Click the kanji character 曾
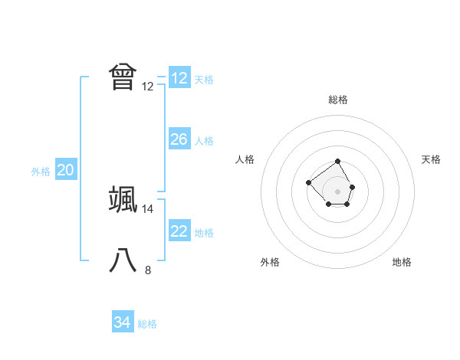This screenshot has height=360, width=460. pos(123,77)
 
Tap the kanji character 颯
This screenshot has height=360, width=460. pos(123,199)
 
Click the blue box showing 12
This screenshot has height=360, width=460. pos(179,78)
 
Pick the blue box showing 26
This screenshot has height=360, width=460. pos(179,139)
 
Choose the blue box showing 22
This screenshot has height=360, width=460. pos(179,231)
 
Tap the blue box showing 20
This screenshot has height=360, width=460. pos(65,171)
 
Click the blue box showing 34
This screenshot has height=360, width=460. pos(122,322)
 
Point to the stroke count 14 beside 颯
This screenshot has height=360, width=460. pos(148,208)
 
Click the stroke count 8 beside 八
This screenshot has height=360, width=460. pos(148,270)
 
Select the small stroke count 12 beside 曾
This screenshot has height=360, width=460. pos(148,87)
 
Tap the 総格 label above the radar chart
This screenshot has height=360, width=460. pos(338,100)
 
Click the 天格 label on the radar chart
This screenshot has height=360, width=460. pos(432,159)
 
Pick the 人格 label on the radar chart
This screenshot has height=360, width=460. pos(245,159)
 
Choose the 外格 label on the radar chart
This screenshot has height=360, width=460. pos(270,263)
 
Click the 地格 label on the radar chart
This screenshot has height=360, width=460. pos(402,263)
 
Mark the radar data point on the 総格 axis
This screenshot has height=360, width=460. pos(338,161)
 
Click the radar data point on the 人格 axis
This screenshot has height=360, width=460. pos(307,182)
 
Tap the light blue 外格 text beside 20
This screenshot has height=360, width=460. pos(41,172)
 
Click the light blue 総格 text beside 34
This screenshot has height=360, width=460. pos(147,323)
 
